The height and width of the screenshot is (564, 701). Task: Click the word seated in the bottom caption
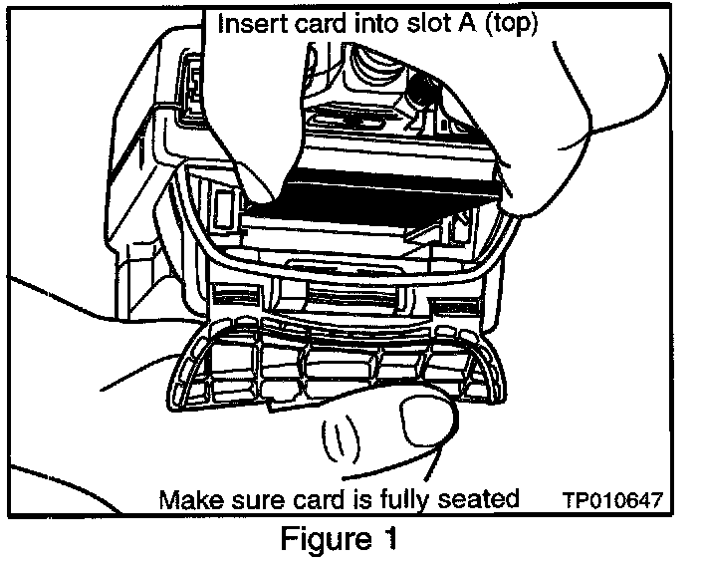pos(483,497)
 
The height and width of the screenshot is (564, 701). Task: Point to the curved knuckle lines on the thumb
pos(339,438)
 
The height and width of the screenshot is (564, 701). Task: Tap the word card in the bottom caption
pos(317,497)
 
